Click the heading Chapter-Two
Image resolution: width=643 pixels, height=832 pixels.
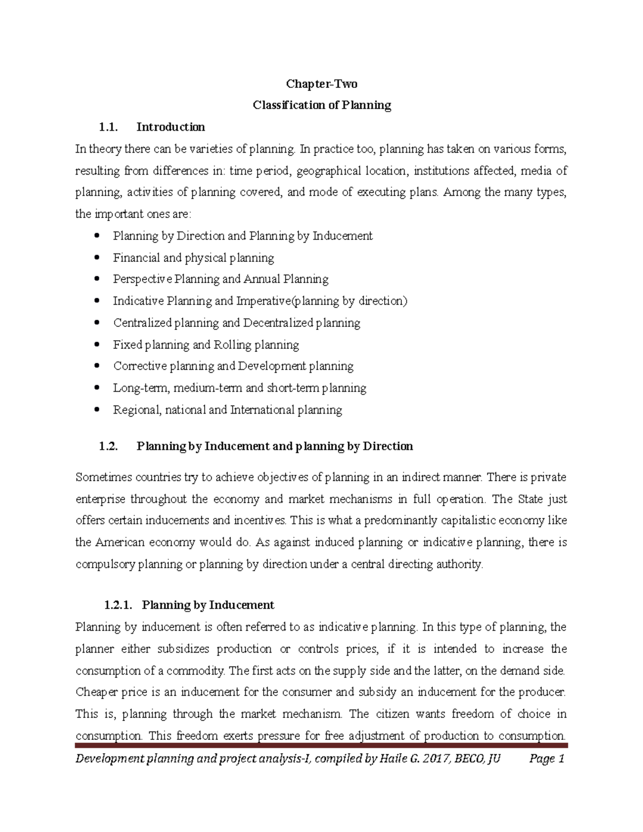tap(322, 84)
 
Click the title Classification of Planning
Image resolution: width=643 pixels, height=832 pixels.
tap(322, 105)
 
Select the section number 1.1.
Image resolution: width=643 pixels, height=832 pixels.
tap(108, 127)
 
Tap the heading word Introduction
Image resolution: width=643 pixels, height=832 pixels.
tap(170, 127)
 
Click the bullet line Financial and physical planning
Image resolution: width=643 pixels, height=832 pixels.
tap(193, 258)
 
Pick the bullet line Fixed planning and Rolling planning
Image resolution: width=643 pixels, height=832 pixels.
tap(206, 344)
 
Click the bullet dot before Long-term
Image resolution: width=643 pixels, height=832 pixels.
tap(96, 388)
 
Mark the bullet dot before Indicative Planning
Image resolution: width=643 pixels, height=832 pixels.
tap(96, 301)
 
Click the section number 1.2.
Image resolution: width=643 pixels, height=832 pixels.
tap(108, 446)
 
